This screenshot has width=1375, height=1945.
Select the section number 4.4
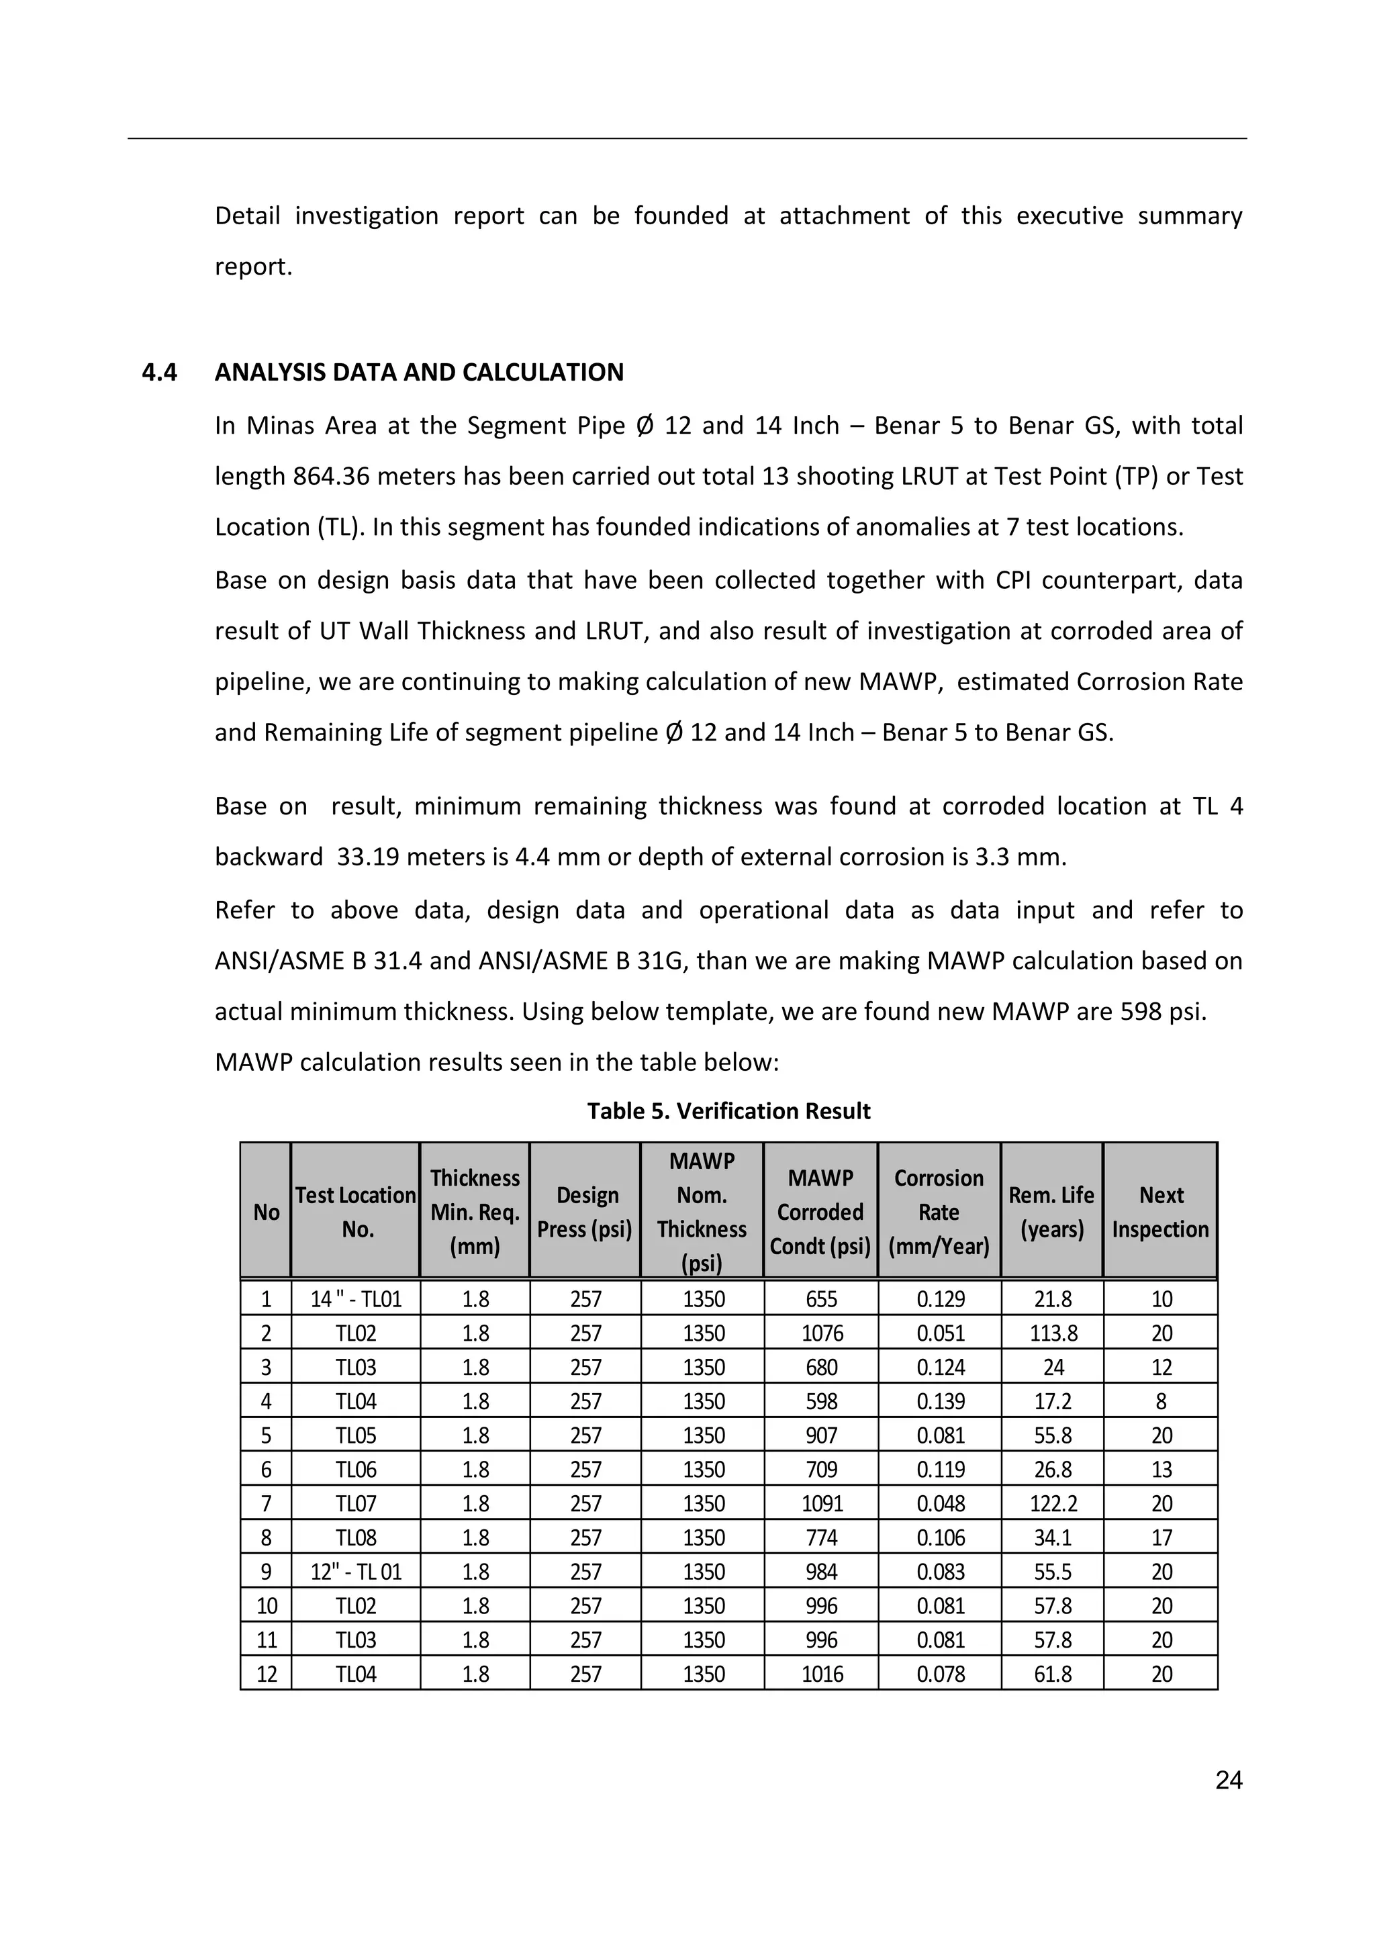coord(159,373)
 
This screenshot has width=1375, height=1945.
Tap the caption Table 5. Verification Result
coord(728,1110)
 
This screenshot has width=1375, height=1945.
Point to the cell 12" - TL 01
coord(356,1572)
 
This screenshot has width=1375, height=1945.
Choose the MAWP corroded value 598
coord(821,1402)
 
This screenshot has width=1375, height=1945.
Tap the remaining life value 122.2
coord(1053,1504)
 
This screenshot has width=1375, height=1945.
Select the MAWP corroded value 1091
coord(821,1504)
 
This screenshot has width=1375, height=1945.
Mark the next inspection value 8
coord(1161,1402)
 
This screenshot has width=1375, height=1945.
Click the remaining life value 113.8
coord(1053,1333)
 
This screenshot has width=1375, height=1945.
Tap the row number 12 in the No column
coord(266,1674)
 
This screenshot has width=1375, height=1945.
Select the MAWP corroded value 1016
coord(821,1674)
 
